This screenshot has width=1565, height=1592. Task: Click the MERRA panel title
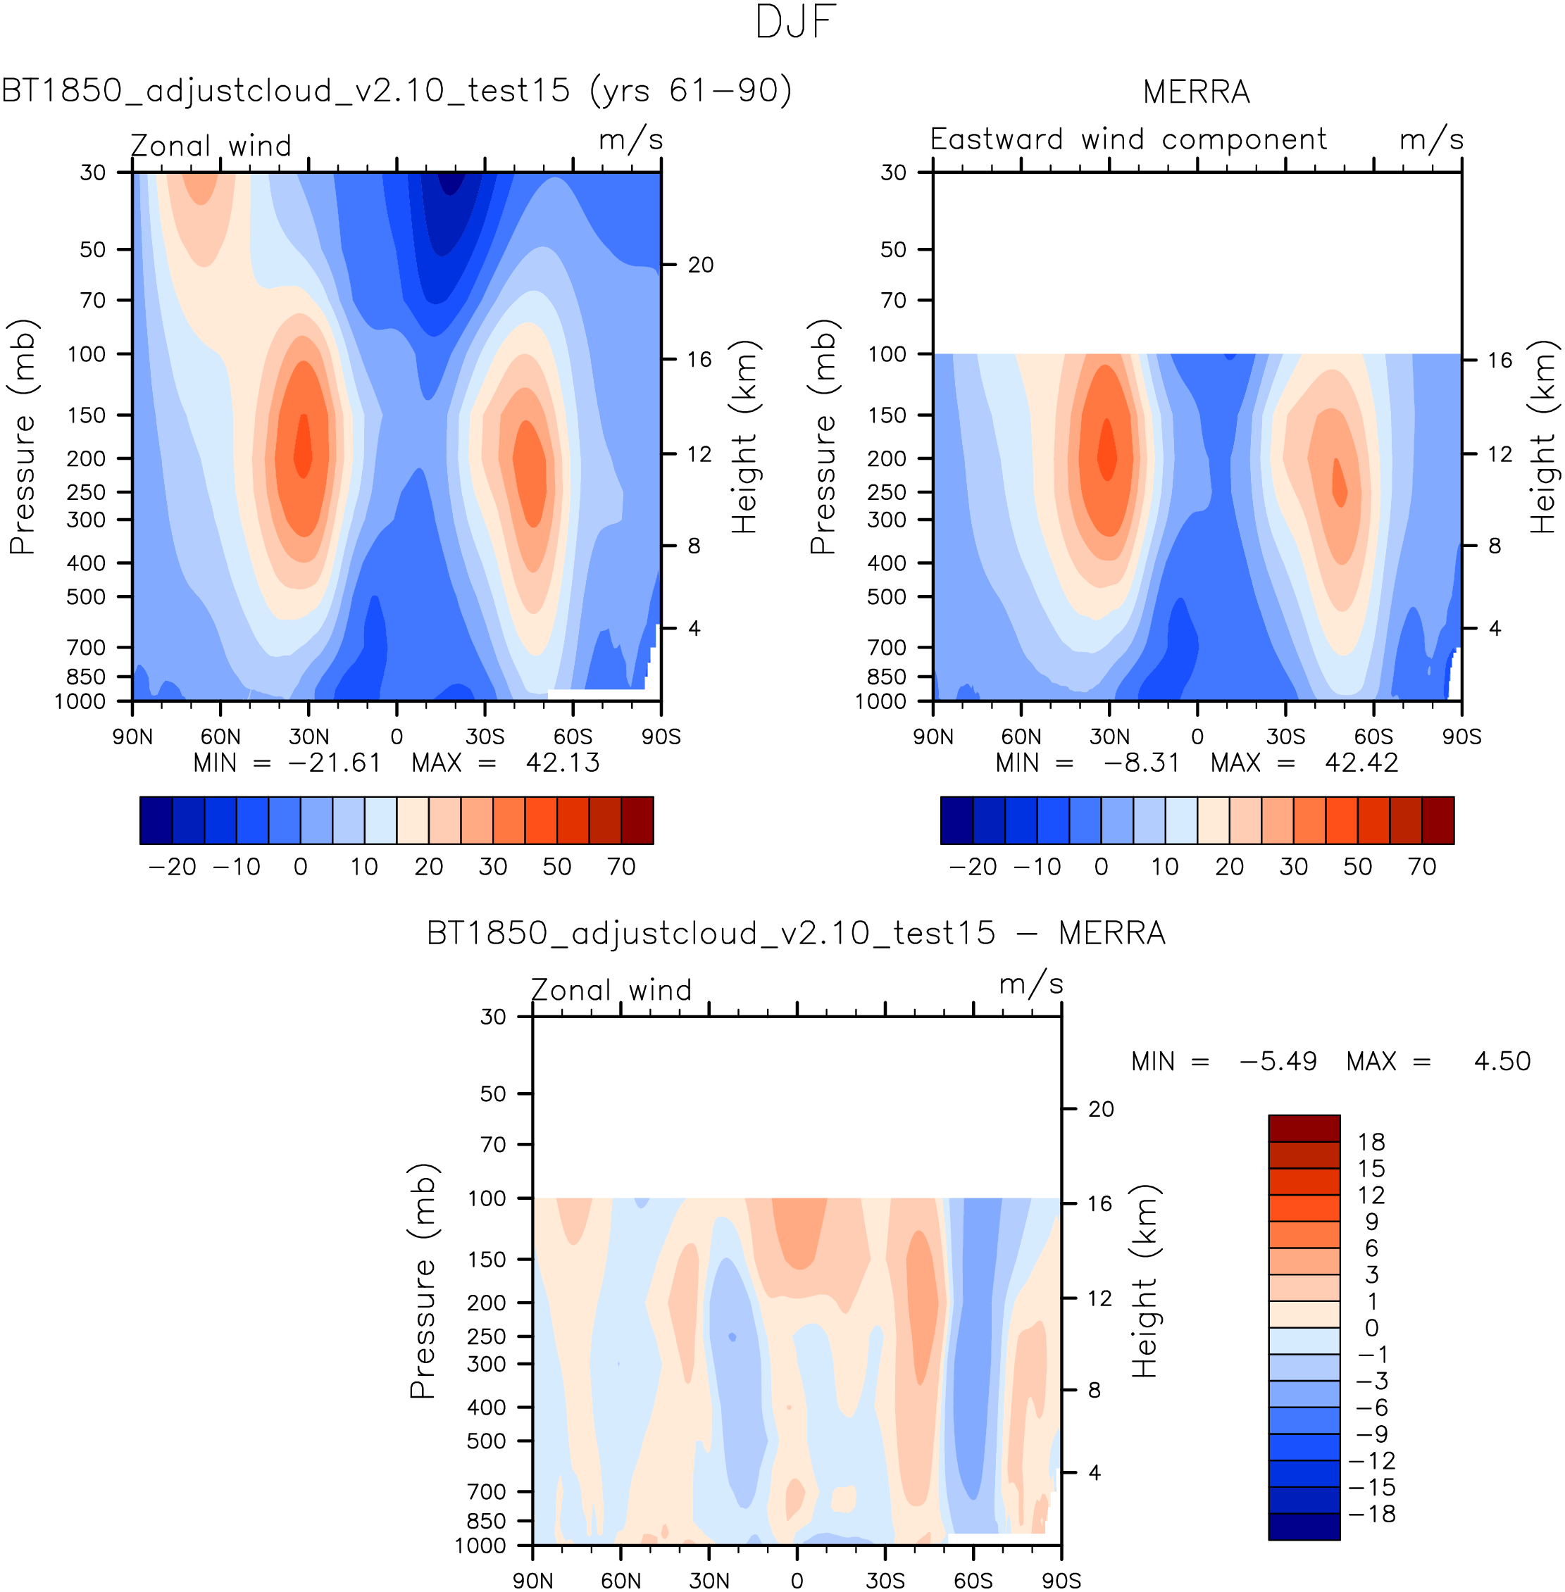(1196, 92)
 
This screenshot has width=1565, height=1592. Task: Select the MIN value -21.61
(335, 763)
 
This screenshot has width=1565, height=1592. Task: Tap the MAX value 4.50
(1502, 1061)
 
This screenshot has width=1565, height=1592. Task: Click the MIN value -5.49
(1278, 1061)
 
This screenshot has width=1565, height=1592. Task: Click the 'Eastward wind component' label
(1128, 139)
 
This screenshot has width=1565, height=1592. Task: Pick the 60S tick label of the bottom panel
(973, 1581)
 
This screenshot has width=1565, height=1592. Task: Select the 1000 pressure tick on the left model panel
(80, 701)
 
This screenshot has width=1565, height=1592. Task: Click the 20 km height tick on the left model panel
(700, 265)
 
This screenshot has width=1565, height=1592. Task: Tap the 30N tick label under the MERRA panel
(1109, 737)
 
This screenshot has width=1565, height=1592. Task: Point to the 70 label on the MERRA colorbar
(1421, 866)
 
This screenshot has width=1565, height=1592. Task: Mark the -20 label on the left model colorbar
(172, 866)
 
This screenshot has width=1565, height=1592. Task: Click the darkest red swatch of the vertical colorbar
(1304, 1127)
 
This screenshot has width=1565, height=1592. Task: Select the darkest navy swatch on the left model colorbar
(156, 820)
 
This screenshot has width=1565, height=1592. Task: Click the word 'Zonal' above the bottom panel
(570, 989)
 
